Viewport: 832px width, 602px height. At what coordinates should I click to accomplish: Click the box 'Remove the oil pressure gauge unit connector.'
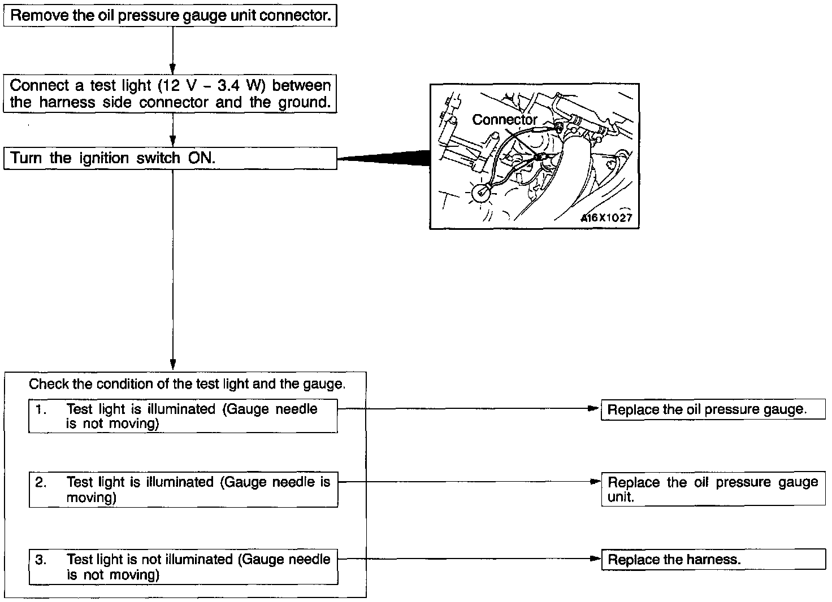170,15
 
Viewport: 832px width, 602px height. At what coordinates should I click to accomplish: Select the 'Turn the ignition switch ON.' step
170,158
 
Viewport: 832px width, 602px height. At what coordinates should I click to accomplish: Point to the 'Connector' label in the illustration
505,120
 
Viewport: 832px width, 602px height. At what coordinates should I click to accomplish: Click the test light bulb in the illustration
480,194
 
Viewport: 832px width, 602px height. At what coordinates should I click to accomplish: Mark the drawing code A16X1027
606,218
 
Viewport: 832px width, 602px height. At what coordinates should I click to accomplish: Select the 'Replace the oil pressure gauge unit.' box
712,489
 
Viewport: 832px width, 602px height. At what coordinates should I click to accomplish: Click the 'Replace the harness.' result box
712,560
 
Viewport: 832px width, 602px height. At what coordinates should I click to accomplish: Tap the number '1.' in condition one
41,409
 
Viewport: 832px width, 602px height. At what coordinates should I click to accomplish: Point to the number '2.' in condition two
41,482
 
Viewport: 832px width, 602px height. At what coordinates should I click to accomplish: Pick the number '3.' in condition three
41,560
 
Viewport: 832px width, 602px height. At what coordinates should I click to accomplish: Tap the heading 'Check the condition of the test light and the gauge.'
187,384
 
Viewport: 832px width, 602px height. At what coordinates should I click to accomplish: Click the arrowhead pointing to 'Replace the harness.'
595,559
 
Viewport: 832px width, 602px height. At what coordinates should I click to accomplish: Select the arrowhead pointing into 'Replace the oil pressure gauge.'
593,408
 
